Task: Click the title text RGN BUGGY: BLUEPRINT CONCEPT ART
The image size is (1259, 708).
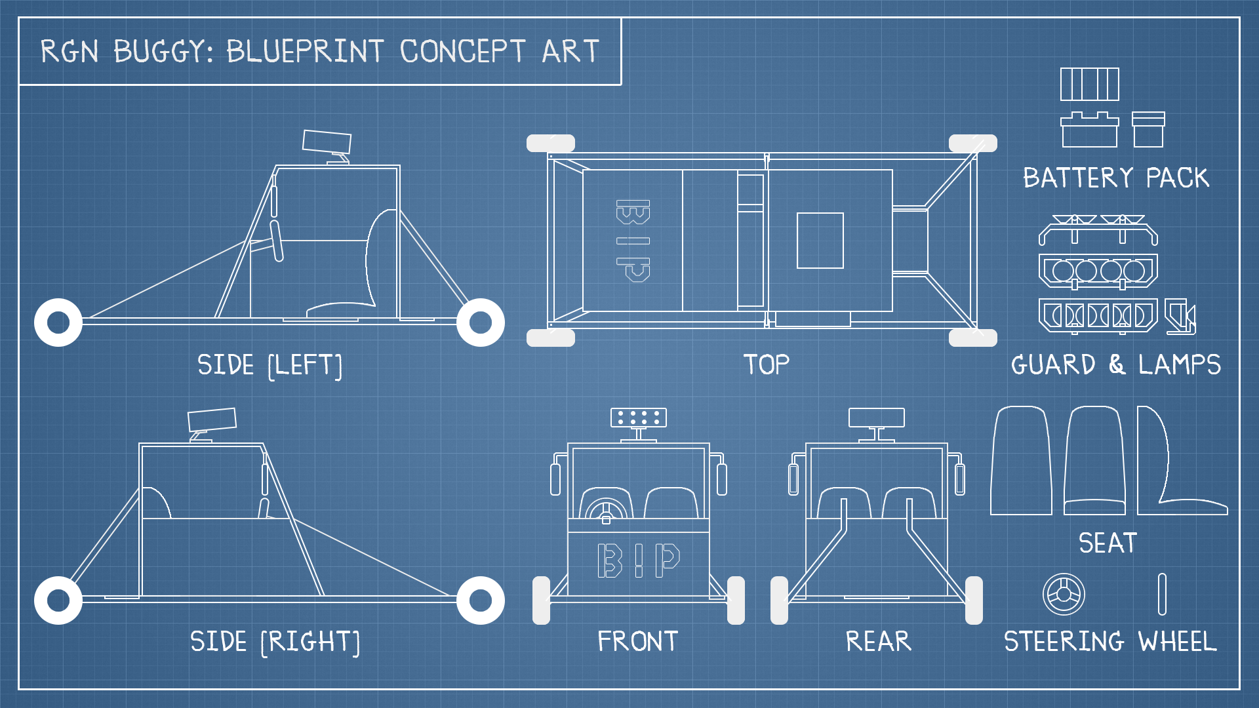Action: coord(320,51)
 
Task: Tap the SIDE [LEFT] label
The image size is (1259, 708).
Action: coord(270,365)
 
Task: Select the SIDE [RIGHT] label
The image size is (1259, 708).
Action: coord(275,642)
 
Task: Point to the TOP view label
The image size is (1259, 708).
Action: coord(766,364)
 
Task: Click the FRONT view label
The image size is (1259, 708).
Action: coord(637,641)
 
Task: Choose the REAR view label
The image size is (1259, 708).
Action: coord(879,641)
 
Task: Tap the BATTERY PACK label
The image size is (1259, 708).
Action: coord(1116,178)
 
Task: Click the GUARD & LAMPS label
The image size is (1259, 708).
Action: coord(1116,364)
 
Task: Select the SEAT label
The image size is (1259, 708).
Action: coord(1108,543)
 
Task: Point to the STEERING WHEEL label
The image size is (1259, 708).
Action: coord(1110,641)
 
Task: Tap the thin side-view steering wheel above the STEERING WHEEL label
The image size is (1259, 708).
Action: coord(1162,595)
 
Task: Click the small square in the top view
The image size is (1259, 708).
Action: coord(820,241)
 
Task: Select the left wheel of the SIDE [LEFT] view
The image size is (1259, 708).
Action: coord(58,323)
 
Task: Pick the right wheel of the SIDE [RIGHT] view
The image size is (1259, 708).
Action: coord(481,600)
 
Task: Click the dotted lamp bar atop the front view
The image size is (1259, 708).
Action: coord(639,418)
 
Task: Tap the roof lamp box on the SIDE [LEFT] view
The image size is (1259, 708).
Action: coord(327,142)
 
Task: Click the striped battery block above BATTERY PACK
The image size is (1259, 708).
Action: coord(1090,84)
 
